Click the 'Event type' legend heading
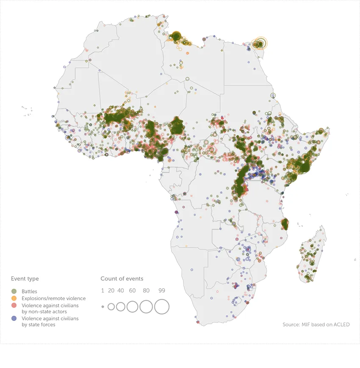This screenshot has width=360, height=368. click(x=25, y=279)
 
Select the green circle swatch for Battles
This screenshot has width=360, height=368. click(x=14, y=292)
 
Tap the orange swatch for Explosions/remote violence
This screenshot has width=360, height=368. click(x=14, y=298)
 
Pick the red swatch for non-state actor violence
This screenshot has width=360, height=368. click(x=14, y=305)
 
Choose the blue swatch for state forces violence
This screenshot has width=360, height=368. click(x=14, y=318)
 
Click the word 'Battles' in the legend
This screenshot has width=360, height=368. click(x=29, y=292)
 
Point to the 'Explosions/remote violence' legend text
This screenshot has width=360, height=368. click(x=53, y=298)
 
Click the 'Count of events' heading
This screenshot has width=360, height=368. click(x=122, y=279)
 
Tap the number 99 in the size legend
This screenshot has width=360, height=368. click(x=161, y=290)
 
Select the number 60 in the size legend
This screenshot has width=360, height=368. click(x=132, y=290)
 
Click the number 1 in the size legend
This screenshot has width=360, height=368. click(x=102, y=290)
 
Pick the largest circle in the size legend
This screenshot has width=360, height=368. click(x=161, y=307)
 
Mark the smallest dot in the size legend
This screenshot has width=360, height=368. click(x=102, y=307)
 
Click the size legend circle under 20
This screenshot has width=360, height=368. click(x=111, y=307)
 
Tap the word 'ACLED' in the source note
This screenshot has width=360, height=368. click(x=341, y=325)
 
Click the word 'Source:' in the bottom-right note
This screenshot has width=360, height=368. click(x=291, y=325)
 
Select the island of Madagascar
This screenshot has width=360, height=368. click(x=311, y=259)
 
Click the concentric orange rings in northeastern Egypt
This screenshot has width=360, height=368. click(x=260, y=43)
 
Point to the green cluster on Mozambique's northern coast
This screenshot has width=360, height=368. click(x=285, y=223)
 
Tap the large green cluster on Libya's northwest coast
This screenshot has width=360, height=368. click(x=176, y=36)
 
